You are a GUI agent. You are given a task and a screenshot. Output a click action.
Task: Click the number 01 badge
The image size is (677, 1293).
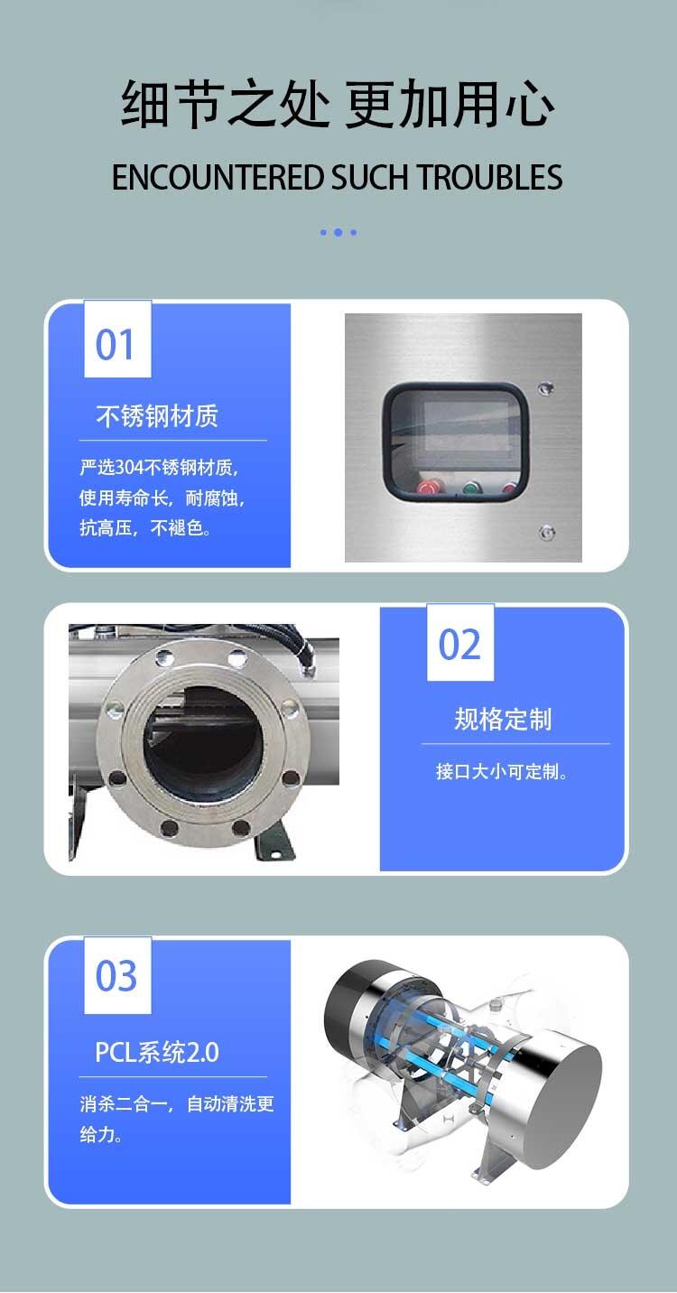117,340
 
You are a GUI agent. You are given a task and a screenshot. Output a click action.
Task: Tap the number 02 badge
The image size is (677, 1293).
460,643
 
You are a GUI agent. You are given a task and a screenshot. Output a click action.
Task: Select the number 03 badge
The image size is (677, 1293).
117,975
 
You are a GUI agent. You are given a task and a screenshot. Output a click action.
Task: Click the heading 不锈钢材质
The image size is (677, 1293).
157,415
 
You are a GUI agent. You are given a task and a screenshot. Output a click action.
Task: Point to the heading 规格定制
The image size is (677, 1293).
503,720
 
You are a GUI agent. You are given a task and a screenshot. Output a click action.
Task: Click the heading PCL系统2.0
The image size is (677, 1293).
157,1052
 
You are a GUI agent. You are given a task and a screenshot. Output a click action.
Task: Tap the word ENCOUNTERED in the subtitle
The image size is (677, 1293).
218,177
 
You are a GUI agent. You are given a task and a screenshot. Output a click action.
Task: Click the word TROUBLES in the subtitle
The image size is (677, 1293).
489,177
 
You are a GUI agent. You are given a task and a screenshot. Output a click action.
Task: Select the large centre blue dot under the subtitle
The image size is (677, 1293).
338,232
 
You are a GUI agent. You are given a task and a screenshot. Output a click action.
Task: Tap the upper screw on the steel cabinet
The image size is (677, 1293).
545,387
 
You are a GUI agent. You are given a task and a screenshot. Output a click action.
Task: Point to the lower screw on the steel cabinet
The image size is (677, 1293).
545,532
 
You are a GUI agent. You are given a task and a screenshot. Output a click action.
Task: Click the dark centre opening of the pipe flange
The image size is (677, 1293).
202,745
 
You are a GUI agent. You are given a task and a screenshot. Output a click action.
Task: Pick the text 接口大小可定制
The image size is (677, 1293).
502,771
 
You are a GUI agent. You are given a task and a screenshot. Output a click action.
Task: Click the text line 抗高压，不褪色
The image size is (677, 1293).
145,527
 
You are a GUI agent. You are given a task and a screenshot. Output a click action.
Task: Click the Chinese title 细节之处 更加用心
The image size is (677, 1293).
338,105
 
